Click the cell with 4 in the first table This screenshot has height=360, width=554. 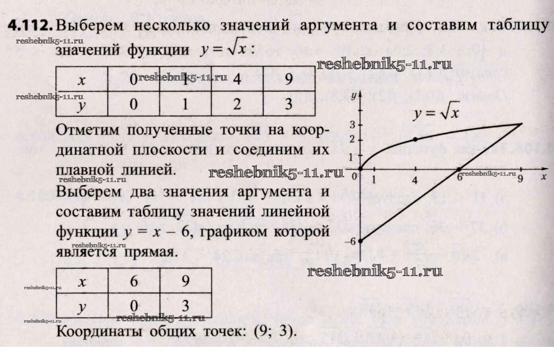point(237,79)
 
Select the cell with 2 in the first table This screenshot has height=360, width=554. point(237,104)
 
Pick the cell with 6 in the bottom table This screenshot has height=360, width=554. point(134,282)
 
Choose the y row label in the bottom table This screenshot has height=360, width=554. point(82,307)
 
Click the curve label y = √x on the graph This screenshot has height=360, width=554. point(436,113)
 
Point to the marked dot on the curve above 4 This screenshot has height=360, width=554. point(416,139)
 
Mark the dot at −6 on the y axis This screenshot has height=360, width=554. point(361,241)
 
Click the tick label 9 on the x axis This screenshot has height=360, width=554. point(520,179)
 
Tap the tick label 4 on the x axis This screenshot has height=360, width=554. point(415,180)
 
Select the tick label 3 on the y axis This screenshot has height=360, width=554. point(352,125)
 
